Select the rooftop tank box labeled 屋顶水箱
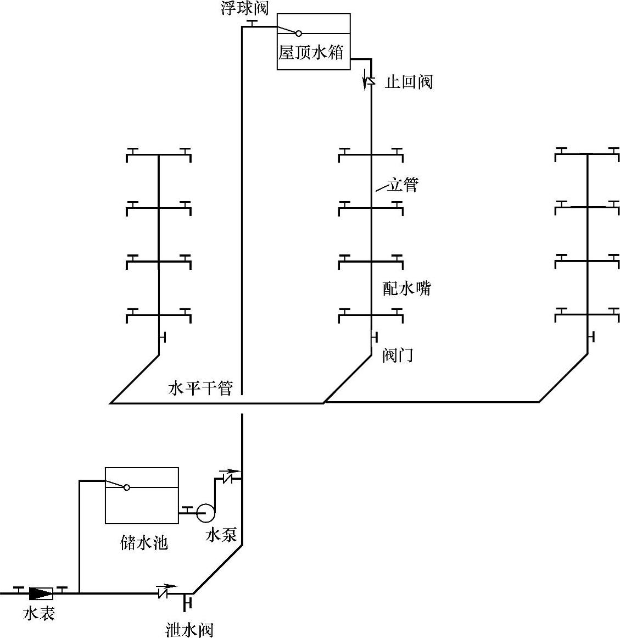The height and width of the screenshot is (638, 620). (314, 42)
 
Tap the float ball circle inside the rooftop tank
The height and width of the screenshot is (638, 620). (299, 33)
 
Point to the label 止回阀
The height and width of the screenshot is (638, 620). (409, 82)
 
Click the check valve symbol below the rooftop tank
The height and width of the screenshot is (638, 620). (370, 81)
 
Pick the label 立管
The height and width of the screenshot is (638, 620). (403, 185)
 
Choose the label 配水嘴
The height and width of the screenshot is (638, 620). (407, 288)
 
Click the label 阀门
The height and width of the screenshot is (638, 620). (398, 356)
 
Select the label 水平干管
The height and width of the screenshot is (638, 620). (200, 389)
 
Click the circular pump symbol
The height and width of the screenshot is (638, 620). (206, 513)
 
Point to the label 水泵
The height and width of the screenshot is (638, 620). (221, 534)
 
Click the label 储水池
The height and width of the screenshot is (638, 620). (143, 543)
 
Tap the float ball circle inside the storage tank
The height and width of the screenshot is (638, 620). (127, 487)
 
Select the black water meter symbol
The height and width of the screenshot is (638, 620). (41, 593)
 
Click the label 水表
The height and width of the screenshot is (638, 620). (38, 613)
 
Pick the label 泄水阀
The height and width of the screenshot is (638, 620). (189, 629)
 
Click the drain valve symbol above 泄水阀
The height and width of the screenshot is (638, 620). (187, 602)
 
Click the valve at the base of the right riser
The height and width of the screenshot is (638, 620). (590, 336)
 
